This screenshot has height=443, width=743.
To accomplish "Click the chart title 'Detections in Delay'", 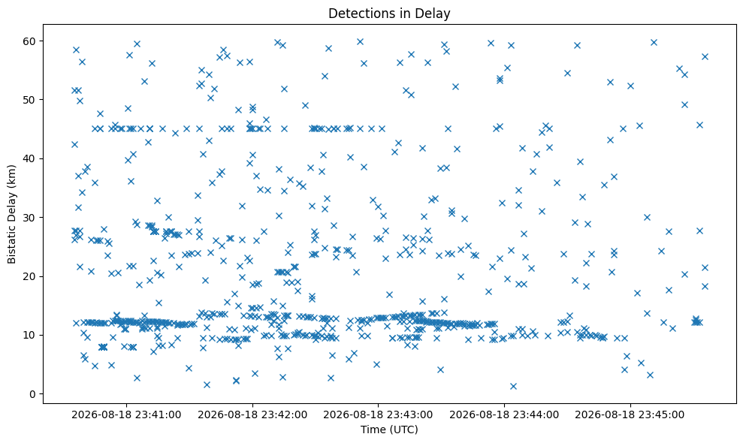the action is click(x=389, y=14).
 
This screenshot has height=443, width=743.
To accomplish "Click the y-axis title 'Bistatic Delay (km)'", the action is click(x=12, y=214).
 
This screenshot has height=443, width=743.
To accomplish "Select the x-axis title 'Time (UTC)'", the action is click(x=389, y=429).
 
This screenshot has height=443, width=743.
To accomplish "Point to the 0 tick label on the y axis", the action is click(x=32, y=394).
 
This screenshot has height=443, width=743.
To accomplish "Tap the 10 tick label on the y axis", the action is click(x=29, y=336).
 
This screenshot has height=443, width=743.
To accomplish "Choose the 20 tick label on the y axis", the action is click(x=29, y=277).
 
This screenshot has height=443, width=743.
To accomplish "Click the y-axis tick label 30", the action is click(x=29, y=218).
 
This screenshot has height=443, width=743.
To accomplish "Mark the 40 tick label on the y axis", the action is click(x=29, y=158).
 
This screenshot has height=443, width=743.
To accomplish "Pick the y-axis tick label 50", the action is click(x=29, y=100).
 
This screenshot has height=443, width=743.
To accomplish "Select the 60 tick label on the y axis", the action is click(x=29, y=41).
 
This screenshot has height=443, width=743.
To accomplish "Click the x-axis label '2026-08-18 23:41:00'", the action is click(x=126, y=415).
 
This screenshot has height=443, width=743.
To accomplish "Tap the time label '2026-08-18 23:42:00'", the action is click(x=252, y=415).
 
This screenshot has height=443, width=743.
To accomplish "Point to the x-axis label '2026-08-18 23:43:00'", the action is click(x=378, y=415).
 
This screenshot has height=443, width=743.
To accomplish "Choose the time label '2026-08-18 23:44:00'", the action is click(x=504, y=415).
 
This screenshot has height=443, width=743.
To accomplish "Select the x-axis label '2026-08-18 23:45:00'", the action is click(x=630, y=415).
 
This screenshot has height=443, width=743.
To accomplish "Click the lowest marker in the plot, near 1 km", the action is click(x=513, y=386).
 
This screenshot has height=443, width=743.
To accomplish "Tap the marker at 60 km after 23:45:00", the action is click(x=654, y=42).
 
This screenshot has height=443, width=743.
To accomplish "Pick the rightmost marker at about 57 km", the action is click(x=705, y=56).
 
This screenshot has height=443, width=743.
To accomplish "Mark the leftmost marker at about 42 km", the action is click(x=74, y=144).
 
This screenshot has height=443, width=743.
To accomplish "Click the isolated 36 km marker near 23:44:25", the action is click(x=557, y=182).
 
